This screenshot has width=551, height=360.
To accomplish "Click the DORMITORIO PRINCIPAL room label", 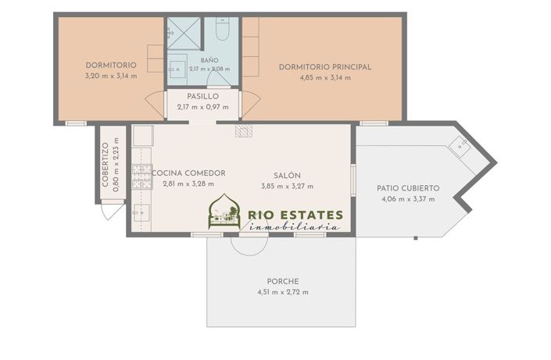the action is (x=325, y=67).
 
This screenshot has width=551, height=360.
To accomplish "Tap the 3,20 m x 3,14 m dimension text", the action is (x=111, y=76).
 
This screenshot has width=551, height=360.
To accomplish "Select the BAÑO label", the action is (x=209, y=60).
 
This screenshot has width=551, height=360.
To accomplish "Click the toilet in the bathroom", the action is (x=222, y=29).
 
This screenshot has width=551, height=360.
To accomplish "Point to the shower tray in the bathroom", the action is (x=184, y=34).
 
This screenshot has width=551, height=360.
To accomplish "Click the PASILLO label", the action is (x=202, y=96).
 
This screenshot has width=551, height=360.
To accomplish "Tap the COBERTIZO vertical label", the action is (x=105, y=165).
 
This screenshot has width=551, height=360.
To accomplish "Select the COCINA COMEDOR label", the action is (x=188, y=173).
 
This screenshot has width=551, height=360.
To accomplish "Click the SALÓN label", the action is (x=287, y=176).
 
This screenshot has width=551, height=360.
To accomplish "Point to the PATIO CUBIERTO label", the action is (x=408, y=188).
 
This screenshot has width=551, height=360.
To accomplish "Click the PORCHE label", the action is (x=283, y=282).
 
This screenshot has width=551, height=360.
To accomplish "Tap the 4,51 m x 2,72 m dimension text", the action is (x=283, y=292).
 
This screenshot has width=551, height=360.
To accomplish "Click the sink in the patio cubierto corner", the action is (x=460, y=146).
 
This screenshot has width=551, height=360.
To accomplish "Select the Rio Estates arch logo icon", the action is (x=224, y=212).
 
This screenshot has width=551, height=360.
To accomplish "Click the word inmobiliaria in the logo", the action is (x=294, y=226).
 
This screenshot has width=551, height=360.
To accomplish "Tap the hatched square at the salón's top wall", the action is (x=244, y=130).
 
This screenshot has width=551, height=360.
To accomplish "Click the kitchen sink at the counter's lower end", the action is (x=141, y=213).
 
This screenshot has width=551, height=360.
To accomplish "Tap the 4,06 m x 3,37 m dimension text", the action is (x=408, y=199).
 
